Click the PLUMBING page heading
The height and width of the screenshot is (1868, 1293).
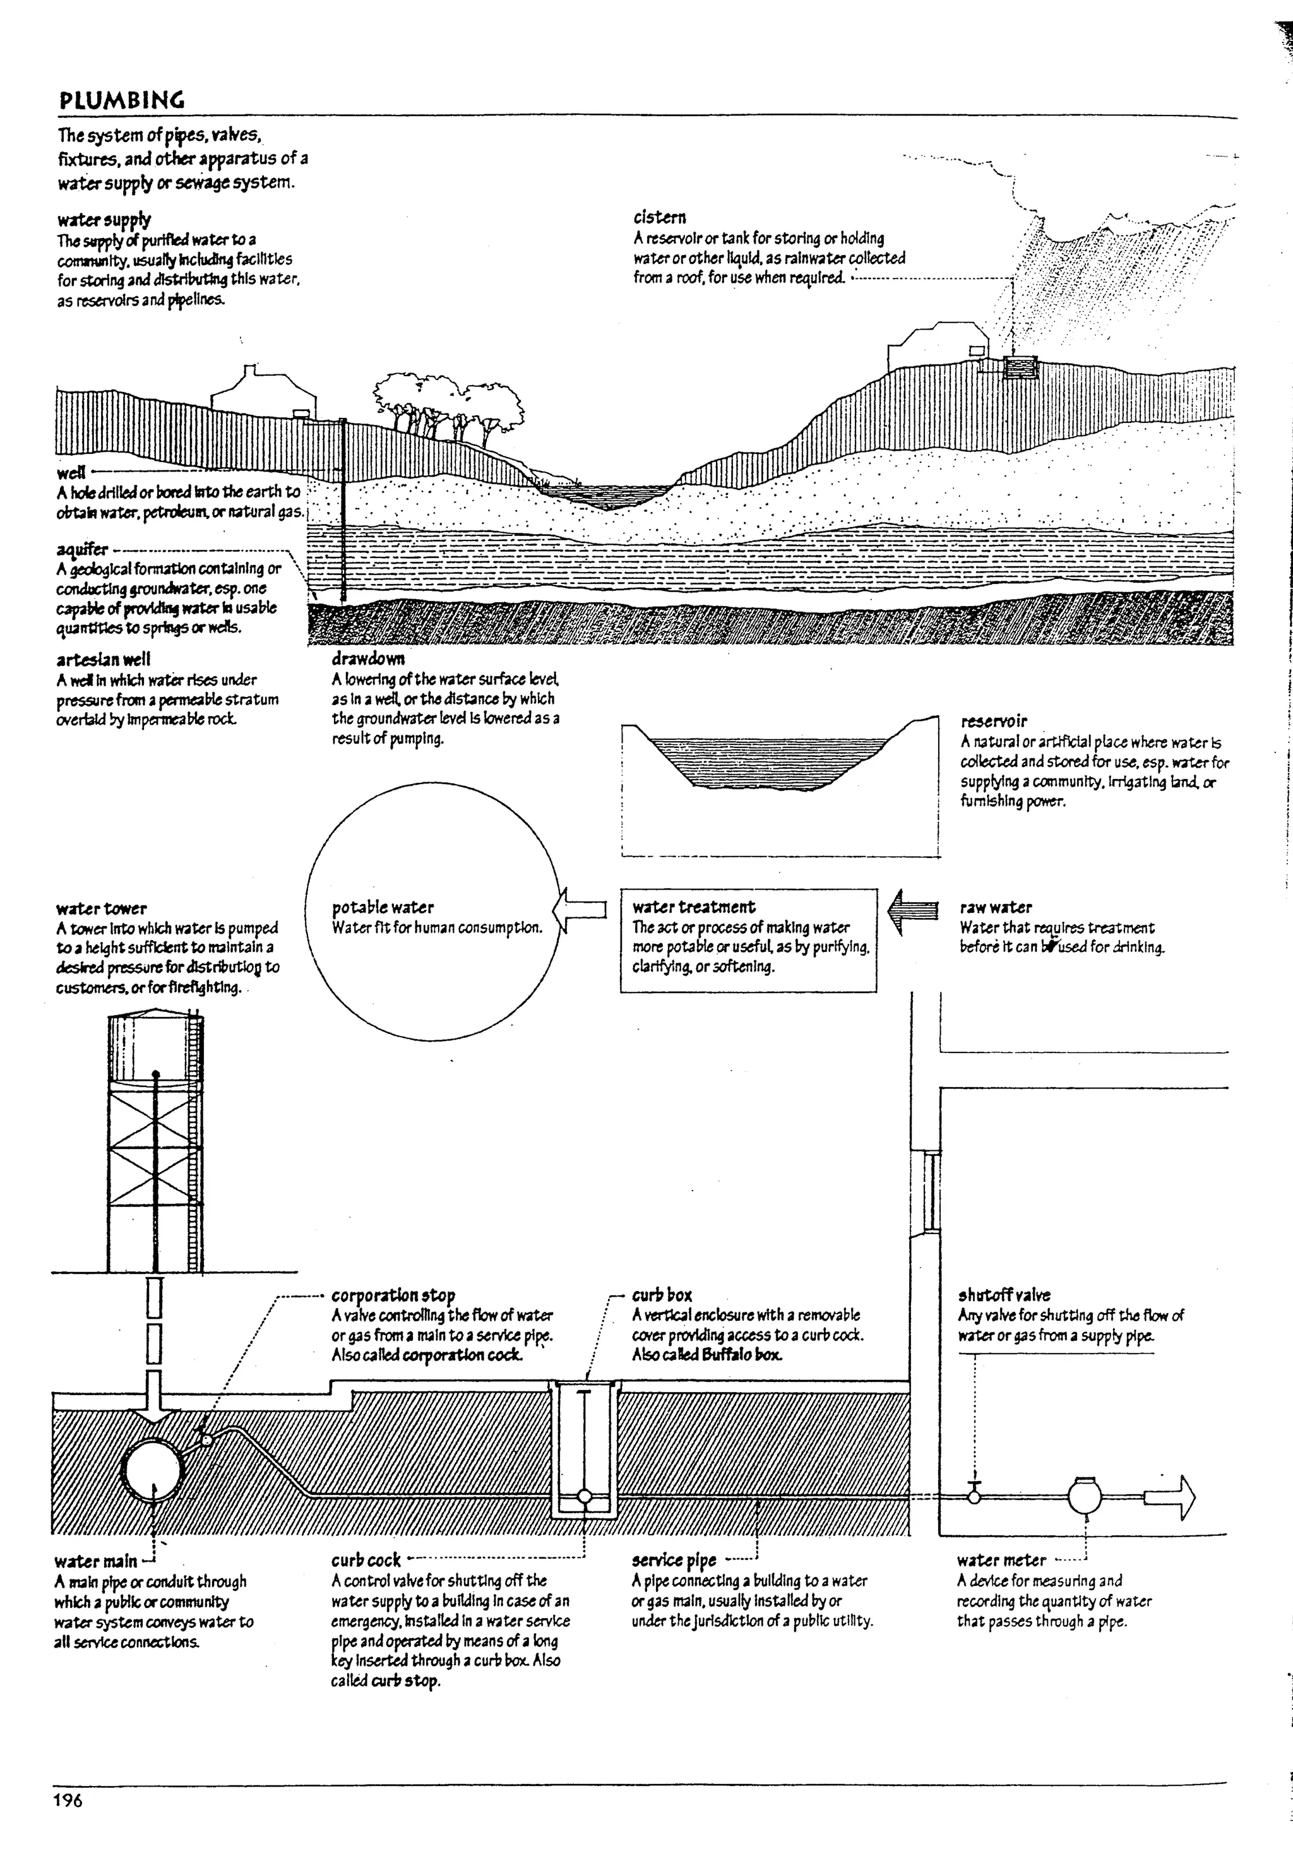click(121, 100)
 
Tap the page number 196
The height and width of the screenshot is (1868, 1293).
click(68, 1800)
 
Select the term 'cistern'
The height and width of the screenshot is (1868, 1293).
click(660, 217)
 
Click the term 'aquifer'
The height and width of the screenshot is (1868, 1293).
click(82, 549)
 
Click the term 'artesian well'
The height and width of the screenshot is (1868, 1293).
click(103, 660)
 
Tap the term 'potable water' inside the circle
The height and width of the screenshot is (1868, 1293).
click(383, 907)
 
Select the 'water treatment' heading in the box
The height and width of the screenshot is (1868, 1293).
click(693, 907)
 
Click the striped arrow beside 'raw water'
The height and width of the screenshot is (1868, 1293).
click(912, 910)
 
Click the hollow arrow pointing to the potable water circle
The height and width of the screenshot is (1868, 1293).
click(580, 910)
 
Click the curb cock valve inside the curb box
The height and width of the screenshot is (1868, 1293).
click(584, 1497)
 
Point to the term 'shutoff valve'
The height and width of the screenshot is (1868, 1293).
click(1004, 1295)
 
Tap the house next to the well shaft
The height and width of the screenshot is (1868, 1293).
click(261, 393)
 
